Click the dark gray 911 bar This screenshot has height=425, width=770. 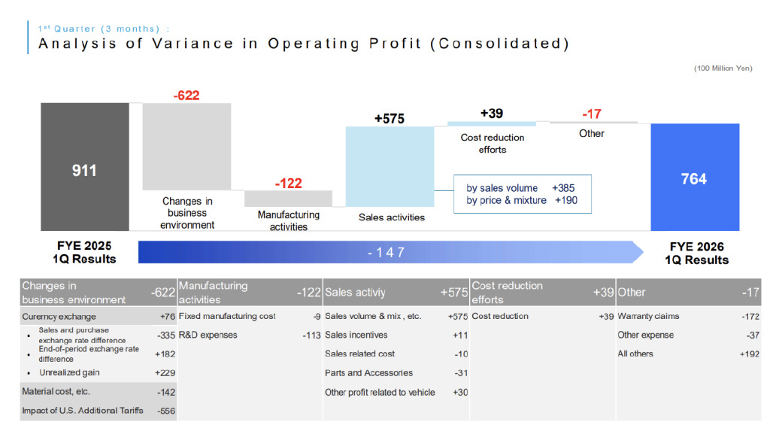coord(84,166)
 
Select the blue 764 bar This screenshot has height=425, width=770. coord(694,178)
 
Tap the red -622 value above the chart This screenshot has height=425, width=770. coord(186,96)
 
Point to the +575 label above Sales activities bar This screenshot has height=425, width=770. coord(390,119)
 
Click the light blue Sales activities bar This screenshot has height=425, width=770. coord(390,165)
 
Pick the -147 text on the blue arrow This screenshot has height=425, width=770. coord(386,253)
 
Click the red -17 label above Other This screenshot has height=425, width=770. coord(592,114)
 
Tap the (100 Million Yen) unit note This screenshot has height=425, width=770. coord(723,68)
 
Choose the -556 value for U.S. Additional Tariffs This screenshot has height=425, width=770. coord(167,411)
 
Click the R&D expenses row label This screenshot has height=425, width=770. coord(208,335)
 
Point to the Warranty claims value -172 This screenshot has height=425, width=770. coord(750,317)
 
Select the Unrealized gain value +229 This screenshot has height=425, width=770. coord(165,372)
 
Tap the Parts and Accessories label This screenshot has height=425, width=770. coord(358,373)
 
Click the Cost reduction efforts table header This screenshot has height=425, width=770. coord(507,292)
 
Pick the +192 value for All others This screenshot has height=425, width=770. coord(750,354)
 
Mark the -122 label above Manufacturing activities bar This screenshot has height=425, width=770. coord(288,184)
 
